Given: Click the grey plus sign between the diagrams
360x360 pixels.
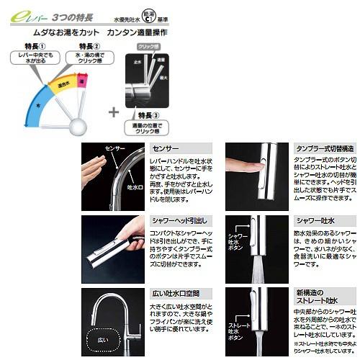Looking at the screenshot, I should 114,112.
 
